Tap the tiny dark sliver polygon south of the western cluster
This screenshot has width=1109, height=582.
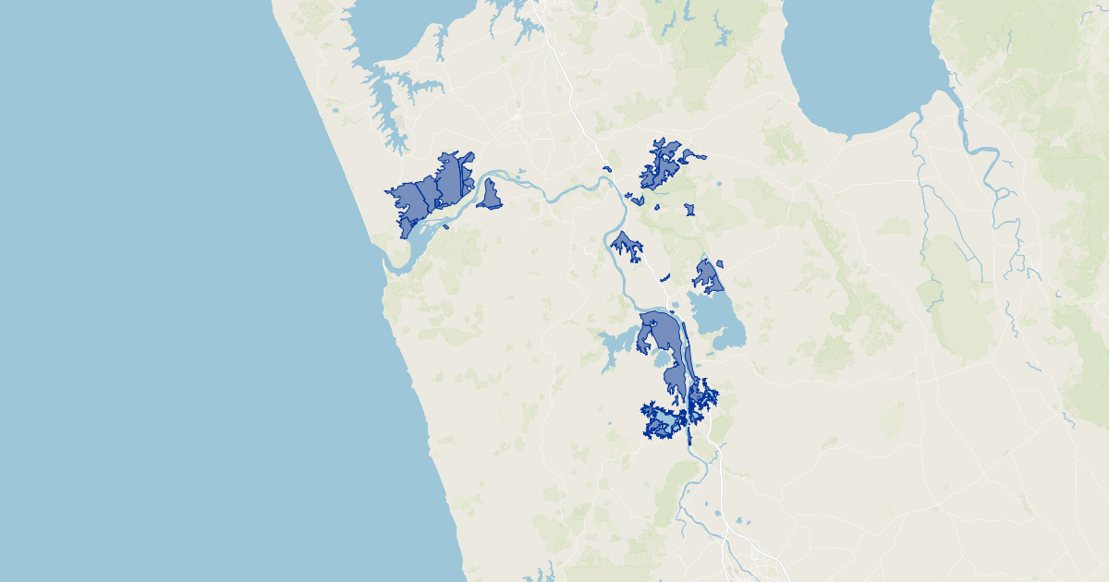pos(445,226)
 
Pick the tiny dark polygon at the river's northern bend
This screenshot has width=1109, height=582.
pos(606,168)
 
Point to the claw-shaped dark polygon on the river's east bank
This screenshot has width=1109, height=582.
pos(626,244)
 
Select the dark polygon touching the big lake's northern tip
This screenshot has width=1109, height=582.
pos(708,273)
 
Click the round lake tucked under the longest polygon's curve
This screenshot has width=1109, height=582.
pos(662,357)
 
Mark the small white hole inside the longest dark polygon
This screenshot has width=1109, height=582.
pos(653,322)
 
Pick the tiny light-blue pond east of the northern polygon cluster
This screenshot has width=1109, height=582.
pos(721,188)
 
